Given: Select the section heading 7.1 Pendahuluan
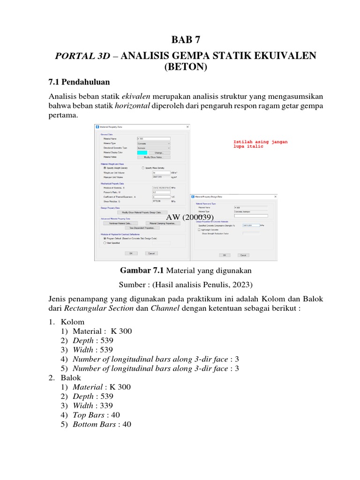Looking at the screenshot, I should (x=79, y=82).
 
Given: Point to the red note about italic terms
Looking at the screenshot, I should (x=260, y=144).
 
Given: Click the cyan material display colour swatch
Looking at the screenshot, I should (x=142, y=152).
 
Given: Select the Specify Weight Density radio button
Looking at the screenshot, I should (x=105, y=167).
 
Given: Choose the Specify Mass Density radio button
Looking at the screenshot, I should (x=143, y=167).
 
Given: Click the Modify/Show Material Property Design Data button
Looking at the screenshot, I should (x=142, y=212).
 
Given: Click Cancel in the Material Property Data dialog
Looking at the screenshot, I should (x=151, y=253).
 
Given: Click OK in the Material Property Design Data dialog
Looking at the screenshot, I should (x=225, y=255).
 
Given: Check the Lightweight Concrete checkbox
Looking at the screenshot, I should (x=199, y=230).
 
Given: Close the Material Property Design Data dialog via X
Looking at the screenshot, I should (x=275, y=197).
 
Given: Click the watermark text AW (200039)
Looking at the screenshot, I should (x=190, y=217).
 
